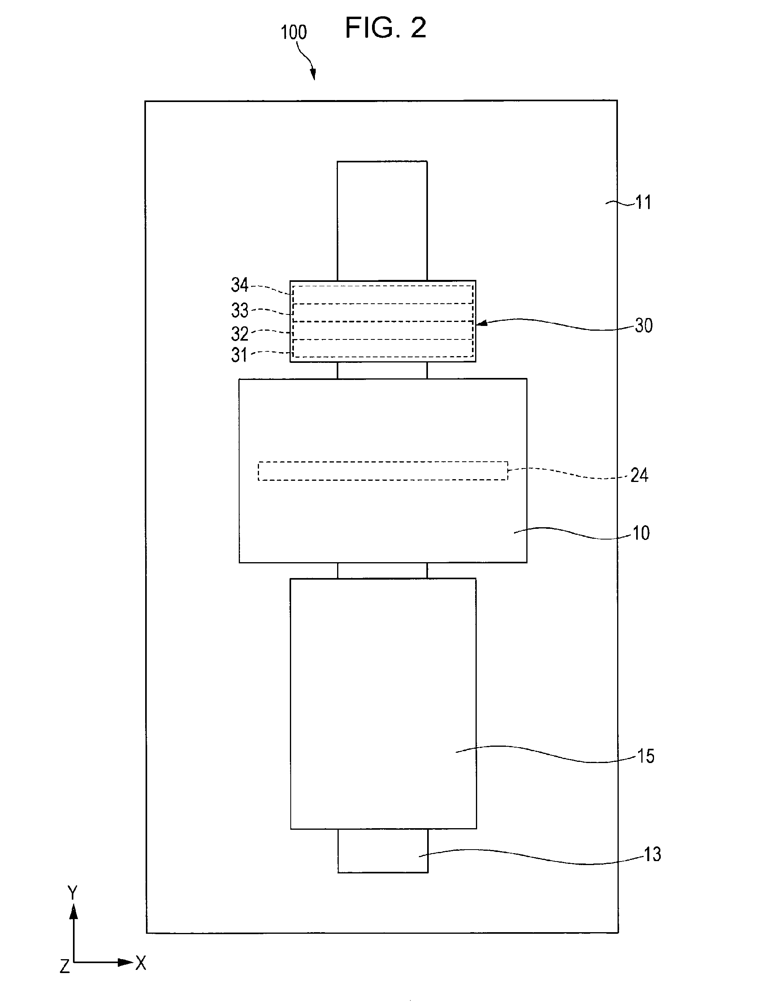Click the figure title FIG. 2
[x=386, y=28]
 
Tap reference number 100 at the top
[x=293, y=32]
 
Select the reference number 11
[x=643, y=202]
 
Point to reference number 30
[x=644, y=326]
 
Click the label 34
[x=240, y=285]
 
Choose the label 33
[x=240, y=310]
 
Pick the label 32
[x=240, y=333]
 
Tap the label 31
[x=239, y=355]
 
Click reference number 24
[x=639, y=475]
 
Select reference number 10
[x=641, y=533]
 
